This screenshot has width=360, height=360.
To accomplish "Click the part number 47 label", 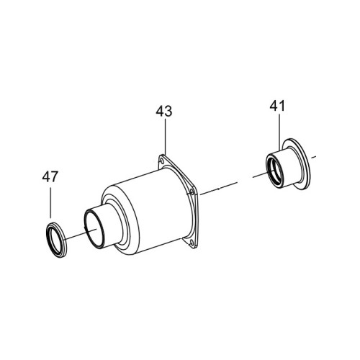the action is click(50, 177).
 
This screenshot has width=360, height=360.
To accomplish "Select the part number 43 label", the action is click(164, 112).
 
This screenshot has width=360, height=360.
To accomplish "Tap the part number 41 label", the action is click(277, 106).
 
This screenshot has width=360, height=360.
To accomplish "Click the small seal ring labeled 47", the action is click(56, 240).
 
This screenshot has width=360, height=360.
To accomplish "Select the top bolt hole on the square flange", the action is click(162, 160).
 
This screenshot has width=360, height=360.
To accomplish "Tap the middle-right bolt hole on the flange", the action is click(192, 192).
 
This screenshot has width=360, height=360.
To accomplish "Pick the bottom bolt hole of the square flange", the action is click(192, 243).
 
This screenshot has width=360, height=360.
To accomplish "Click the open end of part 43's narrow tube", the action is click(94, 228).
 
